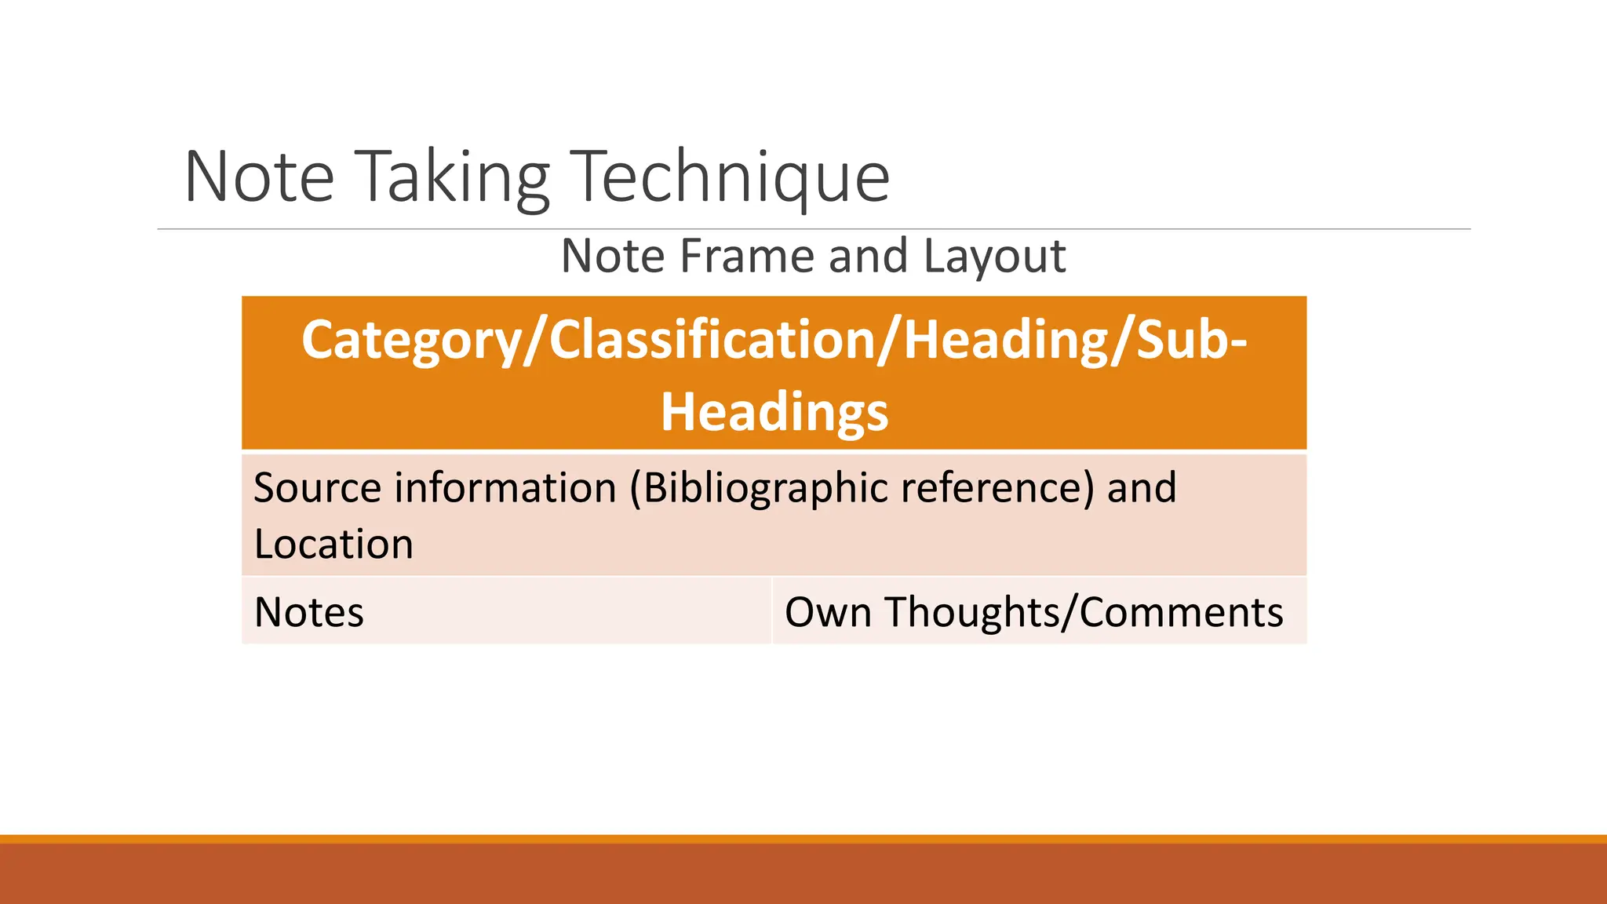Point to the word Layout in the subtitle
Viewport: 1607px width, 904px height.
994,257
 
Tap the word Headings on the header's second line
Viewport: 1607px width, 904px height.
774,412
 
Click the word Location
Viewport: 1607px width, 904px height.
333,544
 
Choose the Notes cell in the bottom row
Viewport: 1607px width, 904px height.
309,612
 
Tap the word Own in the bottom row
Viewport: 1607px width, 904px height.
828,612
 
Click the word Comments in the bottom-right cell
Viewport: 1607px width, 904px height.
1181,612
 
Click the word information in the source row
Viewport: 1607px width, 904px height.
505,487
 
